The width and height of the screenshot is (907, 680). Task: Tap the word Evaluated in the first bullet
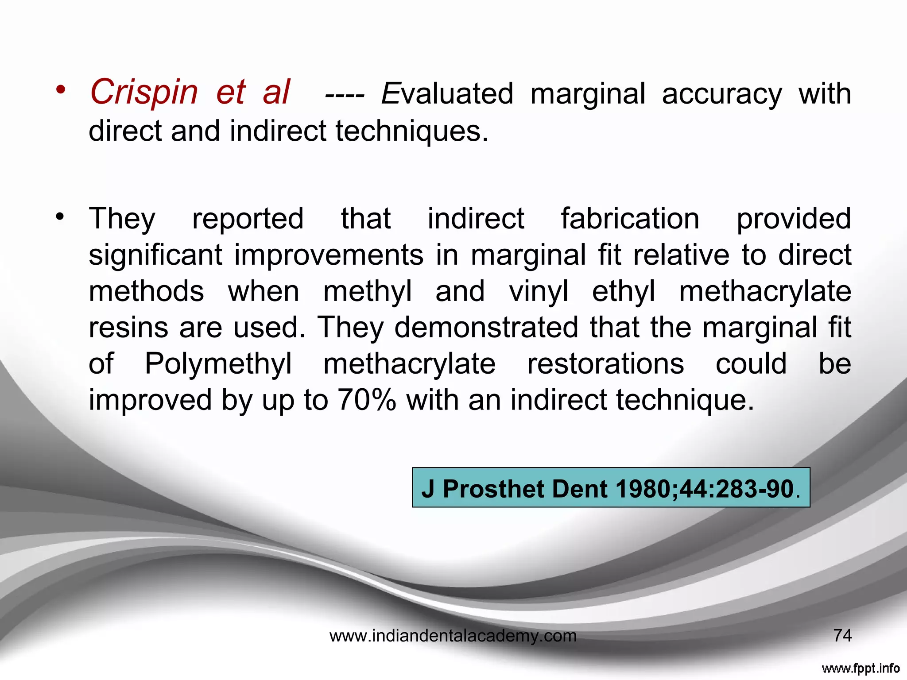[447, 94]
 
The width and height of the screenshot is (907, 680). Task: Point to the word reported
[248, 219]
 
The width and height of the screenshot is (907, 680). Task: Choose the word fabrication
[630, 219]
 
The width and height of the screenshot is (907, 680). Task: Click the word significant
[155, 255]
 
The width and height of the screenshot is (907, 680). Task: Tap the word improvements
[329, 255]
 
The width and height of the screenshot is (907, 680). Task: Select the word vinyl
[539, 292]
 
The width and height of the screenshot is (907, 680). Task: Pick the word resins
[128, 328]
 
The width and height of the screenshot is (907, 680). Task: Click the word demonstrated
[486, 328]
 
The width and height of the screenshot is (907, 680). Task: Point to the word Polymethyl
[218, 364]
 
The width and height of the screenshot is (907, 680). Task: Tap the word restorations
[605, 364]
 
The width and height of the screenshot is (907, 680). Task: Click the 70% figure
[367, 400]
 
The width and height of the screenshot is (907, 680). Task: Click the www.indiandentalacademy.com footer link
[453, 636]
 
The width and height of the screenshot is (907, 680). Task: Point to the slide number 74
[842, 636]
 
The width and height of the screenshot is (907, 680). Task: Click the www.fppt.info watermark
[860, 668]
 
